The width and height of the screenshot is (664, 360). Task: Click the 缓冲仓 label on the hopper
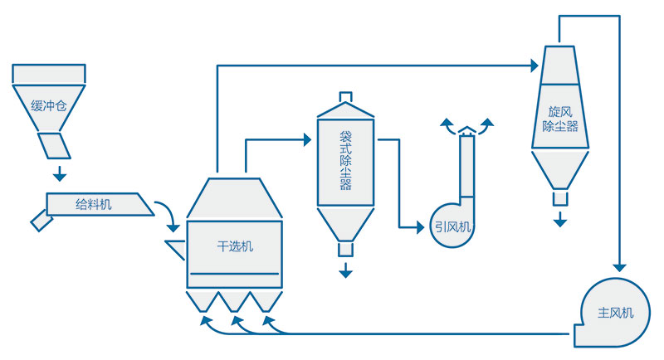tap(47, 105)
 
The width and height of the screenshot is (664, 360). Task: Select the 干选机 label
tap(235, 246)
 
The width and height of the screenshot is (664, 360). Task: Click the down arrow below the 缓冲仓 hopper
tap(59, 174)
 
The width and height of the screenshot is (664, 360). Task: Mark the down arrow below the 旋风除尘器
tap(561, 220)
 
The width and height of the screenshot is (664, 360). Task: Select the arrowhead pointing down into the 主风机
tap(619, 267)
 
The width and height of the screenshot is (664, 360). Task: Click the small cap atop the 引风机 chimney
tap(467, 130)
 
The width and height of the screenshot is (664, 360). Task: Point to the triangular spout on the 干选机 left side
tap(176, 247)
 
